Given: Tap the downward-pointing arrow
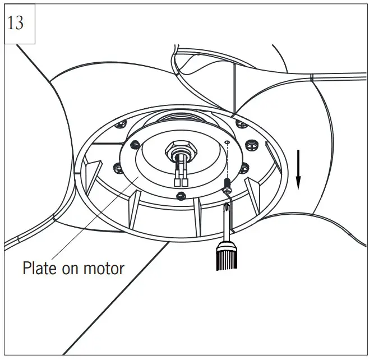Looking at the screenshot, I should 298,168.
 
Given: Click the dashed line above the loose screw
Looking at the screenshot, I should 228,163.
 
